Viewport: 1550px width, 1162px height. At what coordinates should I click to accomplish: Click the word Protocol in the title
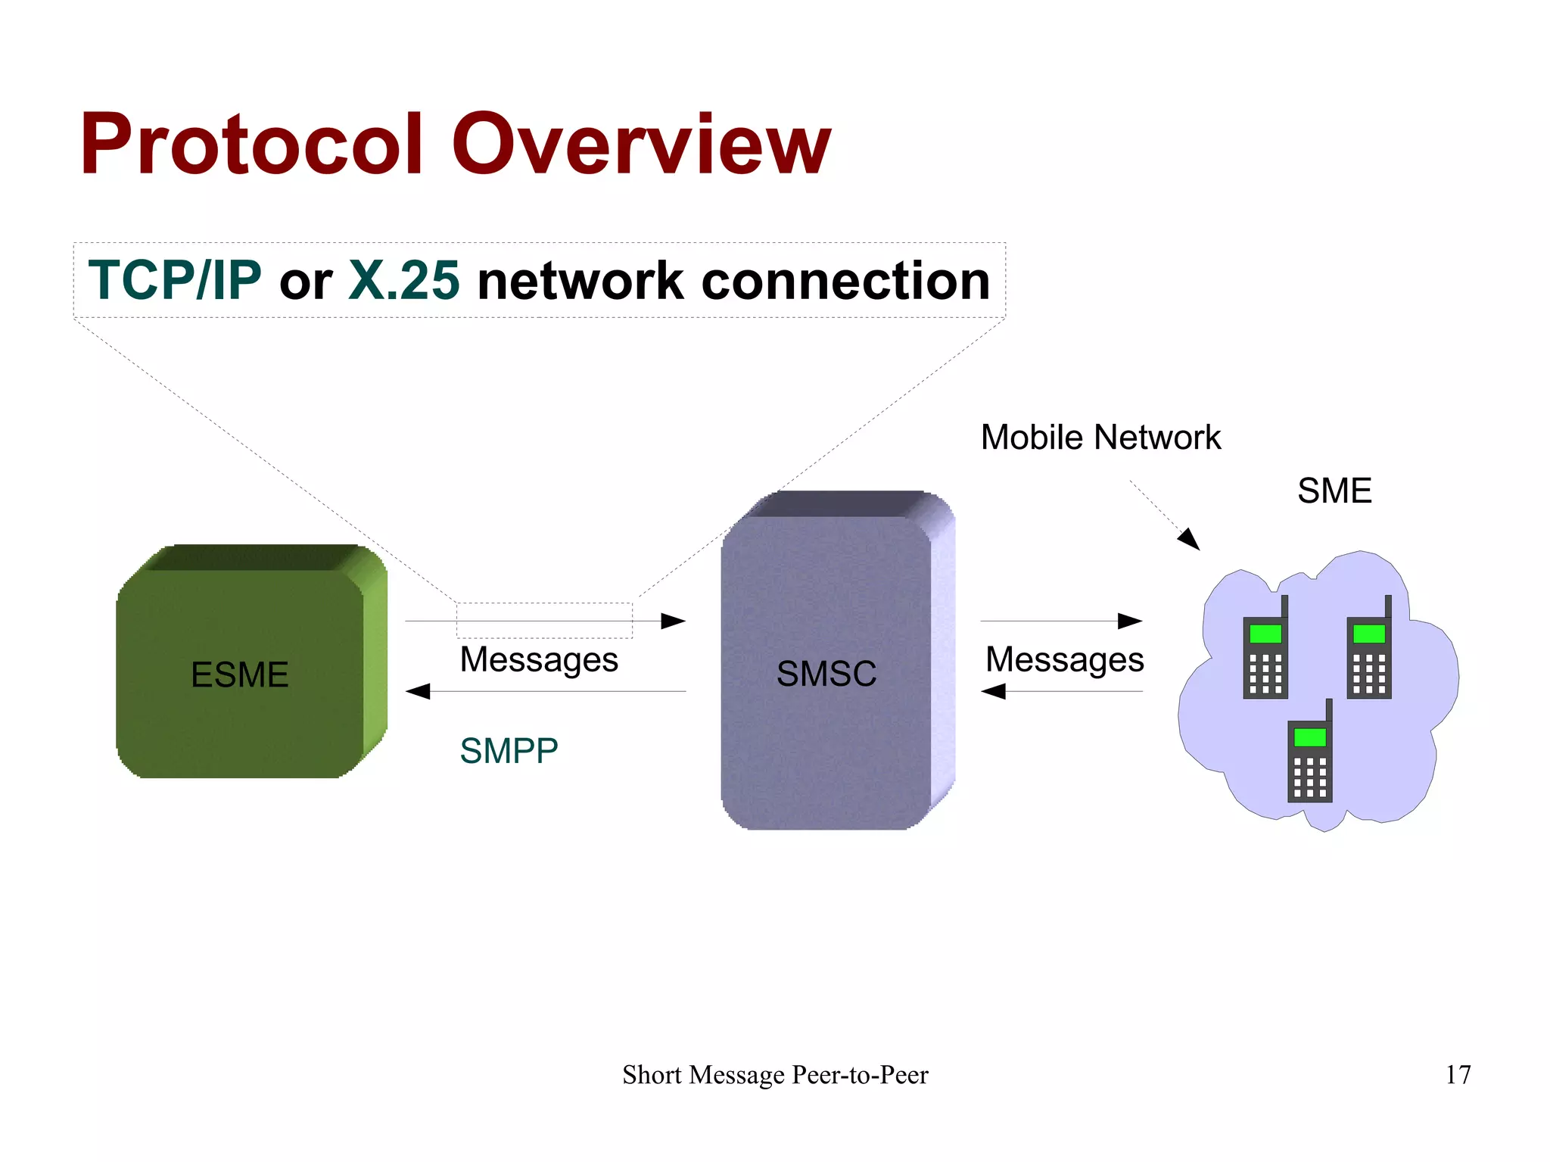point(250,144)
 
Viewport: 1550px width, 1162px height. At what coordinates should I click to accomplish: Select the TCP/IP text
point(175,280)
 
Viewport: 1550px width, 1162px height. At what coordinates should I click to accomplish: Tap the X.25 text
point(403,280)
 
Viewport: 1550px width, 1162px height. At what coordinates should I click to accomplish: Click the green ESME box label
point(239,674)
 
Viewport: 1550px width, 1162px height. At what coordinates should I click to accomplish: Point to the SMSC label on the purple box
point(826,673)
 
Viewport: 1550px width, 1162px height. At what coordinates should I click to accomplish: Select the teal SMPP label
point(509,751)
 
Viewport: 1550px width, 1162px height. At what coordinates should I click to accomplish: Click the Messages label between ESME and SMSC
point(539,659)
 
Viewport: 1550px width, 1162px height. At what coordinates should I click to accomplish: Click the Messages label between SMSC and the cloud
point(1064,659)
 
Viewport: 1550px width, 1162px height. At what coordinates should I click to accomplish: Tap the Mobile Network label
point(1100,438)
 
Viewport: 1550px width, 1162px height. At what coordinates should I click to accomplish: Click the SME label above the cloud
point(1334,491)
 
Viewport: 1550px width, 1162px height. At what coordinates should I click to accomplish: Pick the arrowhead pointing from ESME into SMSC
point(673,621)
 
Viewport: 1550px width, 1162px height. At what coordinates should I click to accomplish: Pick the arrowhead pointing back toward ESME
point(419,691)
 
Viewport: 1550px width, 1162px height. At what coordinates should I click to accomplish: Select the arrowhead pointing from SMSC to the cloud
point(1130,621)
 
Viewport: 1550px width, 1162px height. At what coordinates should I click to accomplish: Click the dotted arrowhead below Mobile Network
point(1190,539)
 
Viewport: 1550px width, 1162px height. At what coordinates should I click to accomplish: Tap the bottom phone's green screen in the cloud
point(1309,737)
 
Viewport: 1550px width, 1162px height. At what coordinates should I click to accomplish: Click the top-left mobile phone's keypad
point(1265,673)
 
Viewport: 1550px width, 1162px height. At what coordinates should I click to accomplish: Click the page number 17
point(1458,1074)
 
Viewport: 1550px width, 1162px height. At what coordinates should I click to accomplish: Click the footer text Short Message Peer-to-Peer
point(775,1074)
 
